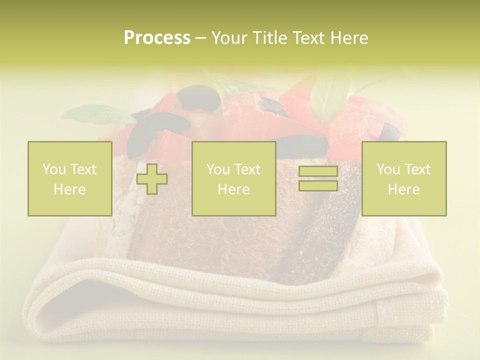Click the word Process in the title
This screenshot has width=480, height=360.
coord(157,38)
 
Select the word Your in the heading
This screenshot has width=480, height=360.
coord(229,38)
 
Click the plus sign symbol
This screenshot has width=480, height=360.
coord(152,178)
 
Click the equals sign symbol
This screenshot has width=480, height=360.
coord(318,178)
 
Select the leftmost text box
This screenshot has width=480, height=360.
coord(70,178)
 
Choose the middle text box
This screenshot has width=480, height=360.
coord(233,178)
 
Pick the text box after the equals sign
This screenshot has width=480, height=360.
coord(404,178)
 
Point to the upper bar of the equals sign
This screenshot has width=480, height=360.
coord(318,171)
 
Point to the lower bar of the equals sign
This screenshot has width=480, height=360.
coord(318,185)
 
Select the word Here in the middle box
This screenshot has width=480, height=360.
coord(233,189)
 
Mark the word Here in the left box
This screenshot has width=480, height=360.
coord(70,189)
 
